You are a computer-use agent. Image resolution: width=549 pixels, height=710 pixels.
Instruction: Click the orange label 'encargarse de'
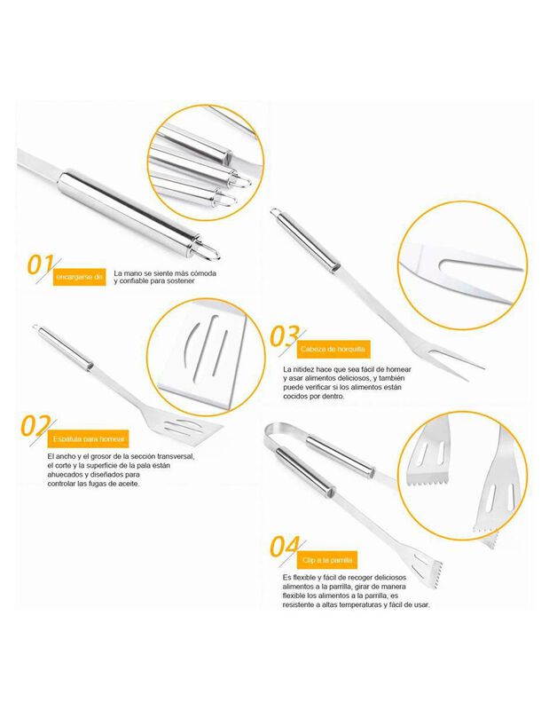point(80,279)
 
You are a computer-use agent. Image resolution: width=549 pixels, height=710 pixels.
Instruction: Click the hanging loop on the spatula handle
point(35,330)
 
